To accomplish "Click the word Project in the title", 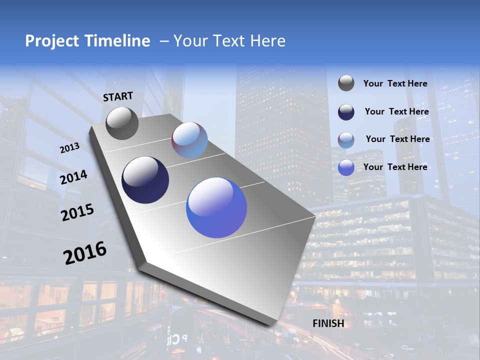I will (x=50, y=41).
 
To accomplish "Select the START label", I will (x=118, y=96).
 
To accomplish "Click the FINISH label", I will (x=328, y=323).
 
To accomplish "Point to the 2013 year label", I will (x=69, y=148).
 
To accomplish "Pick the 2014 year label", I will (x=73, y=177).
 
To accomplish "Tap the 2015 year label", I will (x=77, y=212).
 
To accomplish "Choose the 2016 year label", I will (x=85, y=252).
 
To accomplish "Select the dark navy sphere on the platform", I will (x=145, y=180).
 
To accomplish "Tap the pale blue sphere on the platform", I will (x=189, y=140).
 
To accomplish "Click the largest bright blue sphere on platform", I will (x=216, y=207).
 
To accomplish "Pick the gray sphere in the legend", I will (x=346, y=83).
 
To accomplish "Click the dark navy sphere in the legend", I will (x=346, y=112).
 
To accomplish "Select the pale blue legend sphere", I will (x=346, y=140).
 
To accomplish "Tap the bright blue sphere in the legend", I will (x=346, y=167).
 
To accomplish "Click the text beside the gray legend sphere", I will (x=395, y=83).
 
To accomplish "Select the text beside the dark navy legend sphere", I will (x=396, y=111).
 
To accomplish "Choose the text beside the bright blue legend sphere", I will (x=395, y=167).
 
